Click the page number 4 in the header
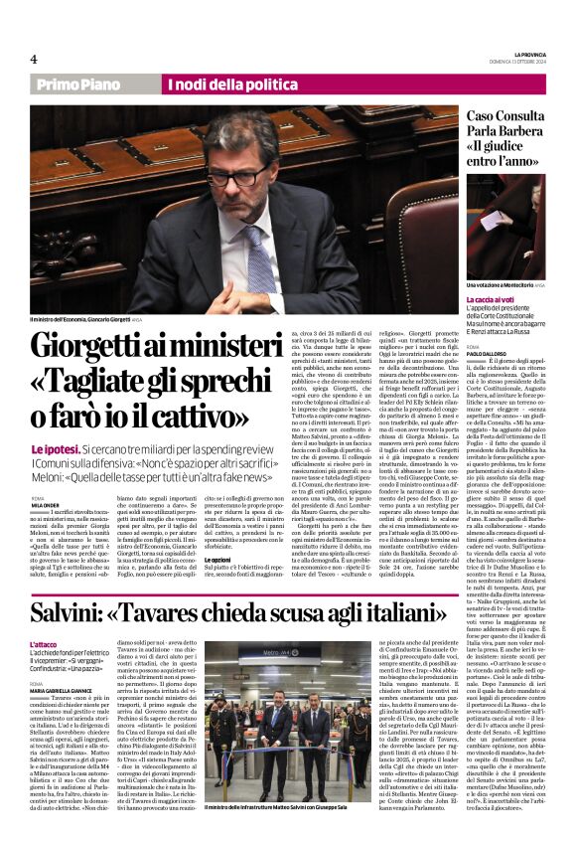34,59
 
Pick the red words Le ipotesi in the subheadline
50,449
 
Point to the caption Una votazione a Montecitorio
504,285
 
